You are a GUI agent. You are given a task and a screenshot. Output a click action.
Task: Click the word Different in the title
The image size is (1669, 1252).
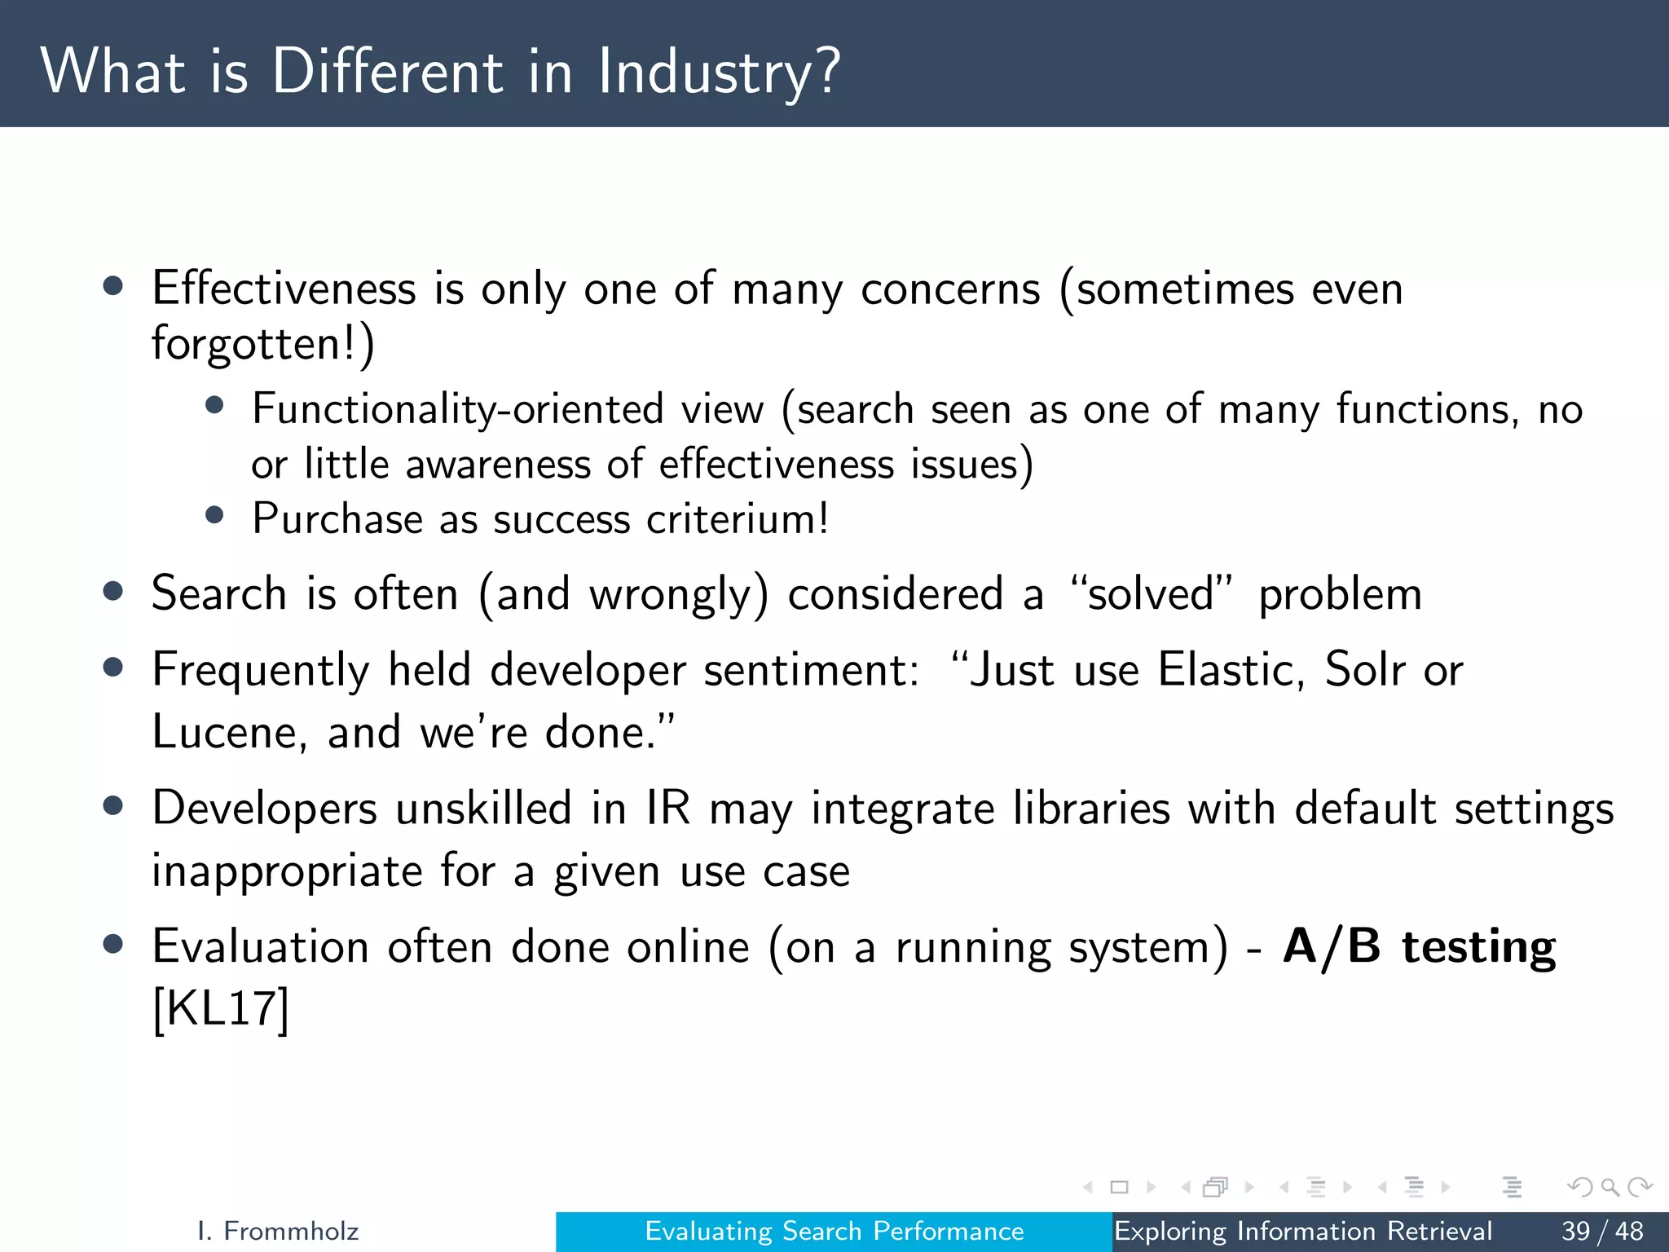(x=387, y=72)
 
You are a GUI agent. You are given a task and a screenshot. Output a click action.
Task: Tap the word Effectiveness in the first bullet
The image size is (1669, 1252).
(x=284, y=289)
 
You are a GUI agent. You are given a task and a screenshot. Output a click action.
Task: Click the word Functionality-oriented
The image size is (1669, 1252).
(x=457, y=409)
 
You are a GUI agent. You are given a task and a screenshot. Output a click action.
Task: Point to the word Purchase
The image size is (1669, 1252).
(x=337, y=518)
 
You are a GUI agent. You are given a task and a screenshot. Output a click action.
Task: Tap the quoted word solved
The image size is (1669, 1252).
(x=1150, y=593)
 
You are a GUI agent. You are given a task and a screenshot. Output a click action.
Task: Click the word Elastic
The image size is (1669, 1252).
(x=1225, y=670)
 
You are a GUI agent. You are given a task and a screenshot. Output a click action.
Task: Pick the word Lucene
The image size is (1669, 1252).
(x=225, y=731)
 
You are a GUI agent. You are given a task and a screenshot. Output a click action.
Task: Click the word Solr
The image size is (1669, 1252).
(x=1364, y=670)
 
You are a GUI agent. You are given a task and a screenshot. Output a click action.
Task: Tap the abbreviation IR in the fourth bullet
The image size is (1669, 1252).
(x=667, y=809)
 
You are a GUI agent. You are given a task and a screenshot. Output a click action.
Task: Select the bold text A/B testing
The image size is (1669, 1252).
(x=1419, y=947)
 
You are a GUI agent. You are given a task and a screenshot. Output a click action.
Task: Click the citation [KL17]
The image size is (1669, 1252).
(x=221, y=1009)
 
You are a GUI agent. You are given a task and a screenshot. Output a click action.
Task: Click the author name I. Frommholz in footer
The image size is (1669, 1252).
(x=278, y=1231)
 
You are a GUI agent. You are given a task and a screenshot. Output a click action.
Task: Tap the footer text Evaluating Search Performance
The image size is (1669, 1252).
(x=834, y=1231)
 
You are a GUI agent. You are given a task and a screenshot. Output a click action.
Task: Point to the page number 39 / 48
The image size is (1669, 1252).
(x=1601, y=1231)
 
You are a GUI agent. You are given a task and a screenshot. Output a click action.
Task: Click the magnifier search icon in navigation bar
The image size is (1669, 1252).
(x=1610, y=1188)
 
